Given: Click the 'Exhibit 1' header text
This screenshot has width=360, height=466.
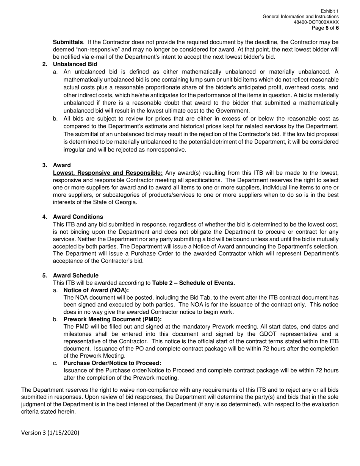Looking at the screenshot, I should tap(330, 11).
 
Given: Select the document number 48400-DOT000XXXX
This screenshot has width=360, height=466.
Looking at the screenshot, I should tap(316, 22).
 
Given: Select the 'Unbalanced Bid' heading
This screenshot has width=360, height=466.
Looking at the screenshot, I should tap(75, 64).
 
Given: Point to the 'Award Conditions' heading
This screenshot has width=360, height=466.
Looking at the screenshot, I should tap(78, 217).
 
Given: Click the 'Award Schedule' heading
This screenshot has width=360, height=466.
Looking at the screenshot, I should tap(75, 275).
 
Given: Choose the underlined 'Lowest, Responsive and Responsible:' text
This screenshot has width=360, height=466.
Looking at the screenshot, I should tap(108, 173).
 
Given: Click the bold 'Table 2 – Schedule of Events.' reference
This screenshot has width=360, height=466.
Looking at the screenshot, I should tap(193, 283).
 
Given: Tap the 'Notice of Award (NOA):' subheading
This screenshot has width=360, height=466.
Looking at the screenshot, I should tap(96, 290).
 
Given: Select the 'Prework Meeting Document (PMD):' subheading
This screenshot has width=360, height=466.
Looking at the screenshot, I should tap(113, 319).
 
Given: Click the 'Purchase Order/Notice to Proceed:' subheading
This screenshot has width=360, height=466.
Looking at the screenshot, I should tap(112, 363).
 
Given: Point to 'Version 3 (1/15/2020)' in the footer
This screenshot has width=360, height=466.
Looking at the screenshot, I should tap(50, 433).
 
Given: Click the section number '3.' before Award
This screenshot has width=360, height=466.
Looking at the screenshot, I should tap(45, 165).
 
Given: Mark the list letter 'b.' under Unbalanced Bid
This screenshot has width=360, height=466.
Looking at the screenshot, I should tap(55, 119).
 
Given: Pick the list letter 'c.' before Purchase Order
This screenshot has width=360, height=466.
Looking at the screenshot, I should tap(55, 363).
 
